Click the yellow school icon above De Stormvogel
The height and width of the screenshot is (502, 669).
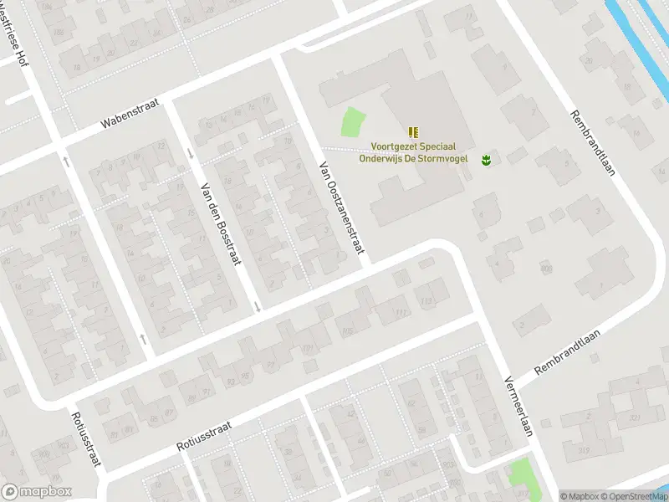[413, 131]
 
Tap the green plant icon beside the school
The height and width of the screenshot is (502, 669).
[485, 158]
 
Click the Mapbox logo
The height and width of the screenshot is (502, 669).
[37, 492]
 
